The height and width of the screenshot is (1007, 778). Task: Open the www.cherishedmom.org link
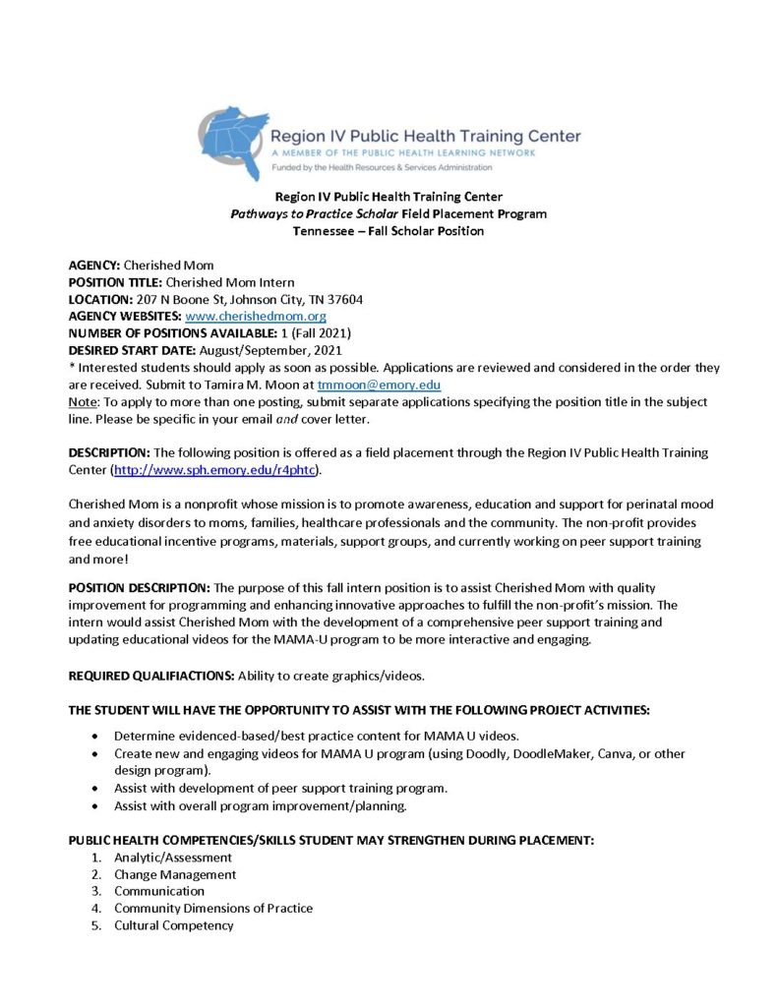point(256,317)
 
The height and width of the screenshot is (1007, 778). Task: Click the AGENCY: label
point(94,266)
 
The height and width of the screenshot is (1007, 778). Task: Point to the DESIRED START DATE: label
point(132,350)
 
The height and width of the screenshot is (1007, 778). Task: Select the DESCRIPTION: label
point(109,452)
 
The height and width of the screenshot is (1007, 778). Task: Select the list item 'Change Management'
point(174,874)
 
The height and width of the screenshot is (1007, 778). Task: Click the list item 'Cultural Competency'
point(173,925)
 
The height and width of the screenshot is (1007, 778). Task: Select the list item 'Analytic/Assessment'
point(172,858)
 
